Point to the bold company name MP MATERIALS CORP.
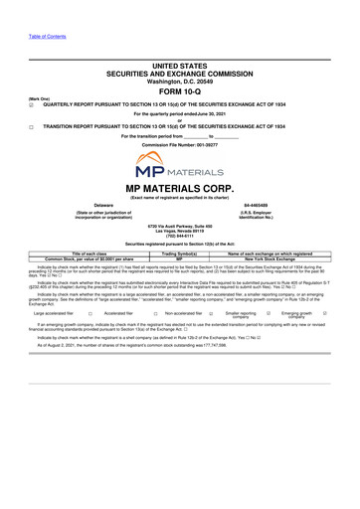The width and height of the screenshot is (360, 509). (179, 188)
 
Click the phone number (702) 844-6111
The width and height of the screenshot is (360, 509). (179, 236)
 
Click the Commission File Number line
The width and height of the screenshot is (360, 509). (179, 145)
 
